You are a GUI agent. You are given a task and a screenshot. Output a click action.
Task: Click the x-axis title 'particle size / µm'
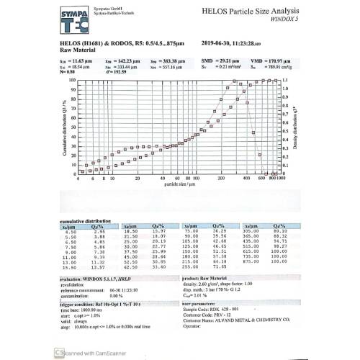click(x=180, y=184)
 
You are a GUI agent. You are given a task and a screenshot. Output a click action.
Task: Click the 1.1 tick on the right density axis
click(x=285, y=80)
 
